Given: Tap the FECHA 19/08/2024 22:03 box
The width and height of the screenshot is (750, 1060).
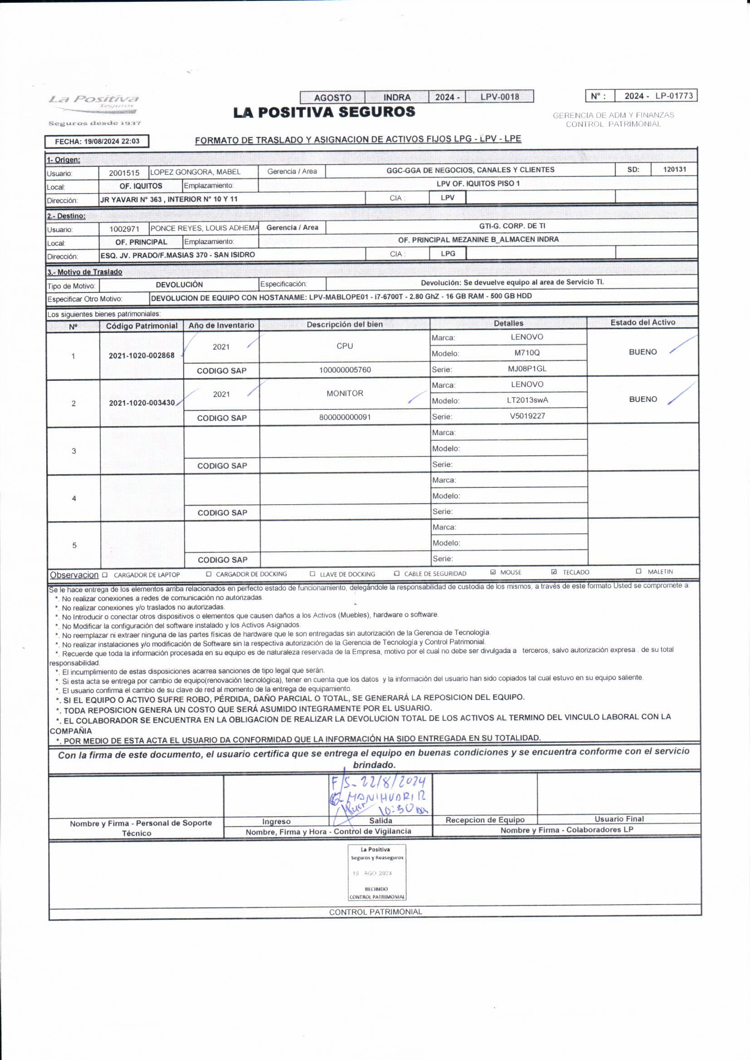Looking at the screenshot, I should click(x=97, y=141).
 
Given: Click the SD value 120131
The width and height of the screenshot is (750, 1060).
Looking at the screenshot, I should click(x=674, y=170).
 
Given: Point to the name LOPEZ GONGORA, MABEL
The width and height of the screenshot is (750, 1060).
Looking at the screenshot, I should click(x=195, y=172).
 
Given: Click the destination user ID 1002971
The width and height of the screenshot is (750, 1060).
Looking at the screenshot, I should click(x=124, y=229).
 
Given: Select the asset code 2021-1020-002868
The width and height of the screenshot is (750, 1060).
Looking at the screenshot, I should click(x=142, y=355).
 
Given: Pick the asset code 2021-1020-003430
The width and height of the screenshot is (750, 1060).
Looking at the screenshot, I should click(x=142, y=403).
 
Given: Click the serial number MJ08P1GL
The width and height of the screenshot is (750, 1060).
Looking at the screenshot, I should click(x=527, y=369).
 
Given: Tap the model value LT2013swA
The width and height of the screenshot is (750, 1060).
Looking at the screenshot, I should click(x=527, y=400).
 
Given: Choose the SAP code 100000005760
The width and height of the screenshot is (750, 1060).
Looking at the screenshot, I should click(x=345, y=370).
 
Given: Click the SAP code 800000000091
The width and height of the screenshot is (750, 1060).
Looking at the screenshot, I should click(x=345, y=418).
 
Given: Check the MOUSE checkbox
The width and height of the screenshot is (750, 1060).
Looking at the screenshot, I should click(x=493, y=572).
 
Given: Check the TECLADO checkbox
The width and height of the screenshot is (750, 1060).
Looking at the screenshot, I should click(x=554, y=572).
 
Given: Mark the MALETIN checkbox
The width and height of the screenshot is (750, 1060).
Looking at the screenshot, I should click(x=639, y=571).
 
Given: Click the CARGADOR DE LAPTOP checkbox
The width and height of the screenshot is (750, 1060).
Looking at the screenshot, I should click(x=105, y=575).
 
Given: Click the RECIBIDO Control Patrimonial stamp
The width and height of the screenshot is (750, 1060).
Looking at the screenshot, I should click(x=377, y=873).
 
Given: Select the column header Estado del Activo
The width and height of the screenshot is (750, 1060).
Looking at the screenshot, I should click(x=643, y=323).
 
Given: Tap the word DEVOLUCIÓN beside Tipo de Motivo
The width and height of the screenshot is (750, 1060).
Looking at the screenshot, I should click(x=179, y=285).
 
